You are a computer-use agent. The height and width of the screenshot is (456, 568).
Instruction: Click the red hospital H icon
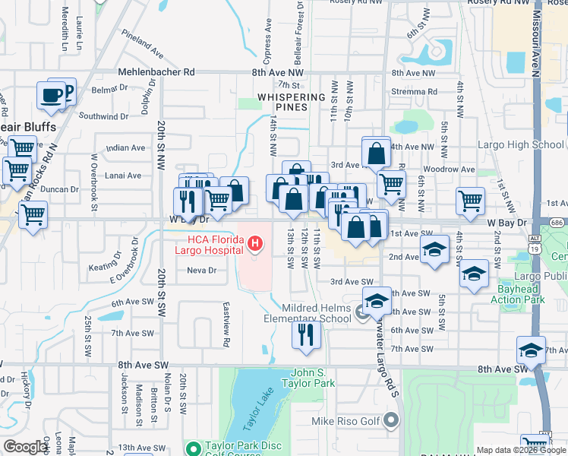(x=256, y=245)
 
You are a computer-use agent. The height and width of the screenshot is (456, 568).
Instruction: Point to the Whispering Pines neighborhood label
(x=291, y=102)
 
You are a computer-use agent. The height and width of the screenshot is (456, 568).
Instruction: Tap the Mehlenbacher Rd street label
(x=156, y=72)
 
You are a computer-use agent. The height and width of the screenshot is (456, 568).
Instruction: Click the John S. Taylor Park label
(x=313, y=378)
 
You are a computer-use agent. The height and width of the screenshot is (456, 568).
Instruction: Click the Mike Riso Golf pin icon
(x=391, y=420)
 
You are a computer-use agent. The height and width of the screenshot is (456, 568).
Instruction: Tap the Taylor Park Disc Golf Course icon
(x=193, y=448)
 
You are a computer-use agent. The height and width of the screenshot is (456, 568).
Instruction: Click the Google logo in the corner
(x=27, y=447)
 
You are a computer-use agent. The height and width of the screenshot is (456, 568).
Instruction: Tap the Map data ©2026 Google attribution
(x=520, y=450)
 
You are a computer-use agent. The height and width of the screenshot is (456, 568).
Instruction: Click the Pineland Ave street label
(x=142, y=55)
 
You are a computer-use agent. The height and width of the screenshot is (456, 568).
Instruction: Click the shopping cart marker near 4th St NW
(x=470, y=201)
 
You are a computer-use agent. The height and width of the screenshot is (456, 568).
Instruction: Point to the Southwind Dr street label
(x=103, y=116)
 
